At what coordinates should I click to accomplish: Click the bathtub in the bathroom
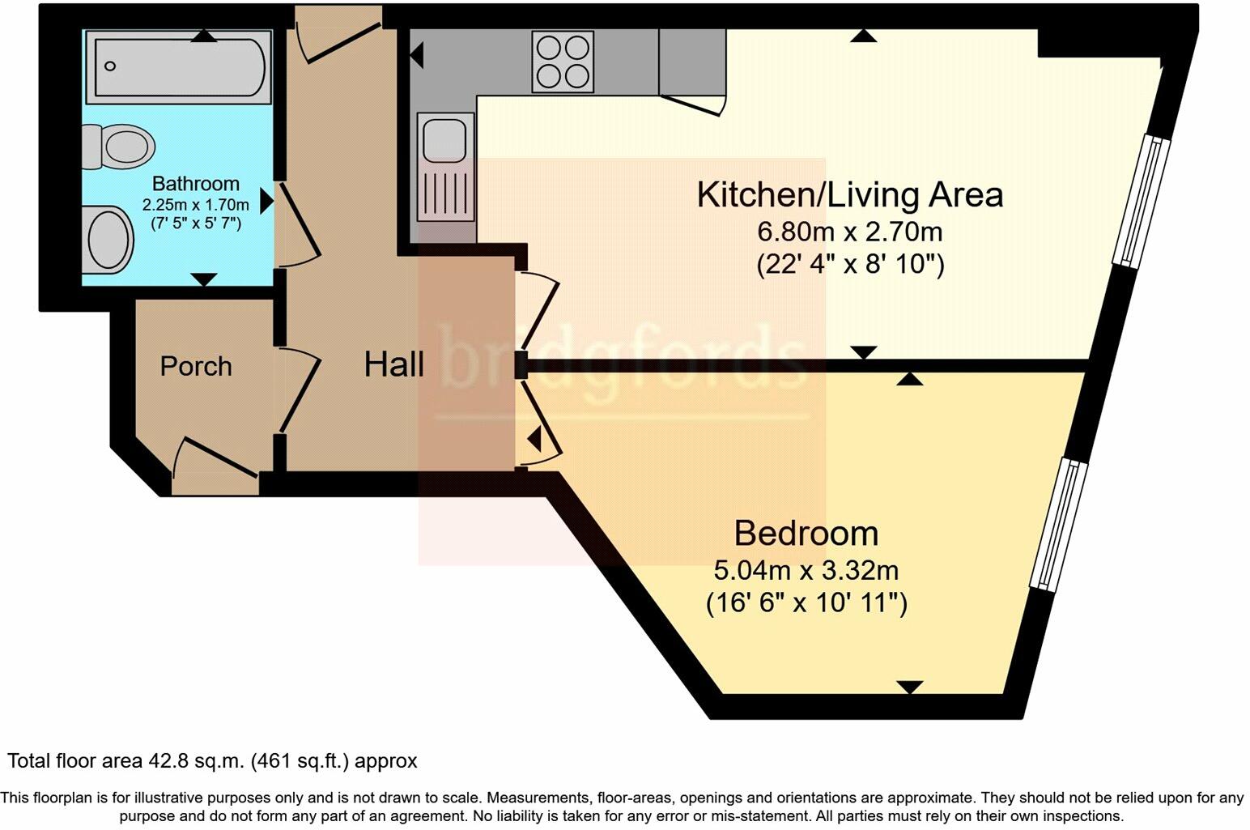point(178,66)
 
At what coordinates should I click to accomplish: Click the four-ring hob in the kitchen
point(563,62)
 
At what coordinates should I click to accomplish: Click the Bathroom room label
point(195,184)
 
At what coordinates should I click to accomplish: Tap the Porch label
point(196,366)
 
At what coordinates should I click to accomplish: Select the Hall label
point(393,364)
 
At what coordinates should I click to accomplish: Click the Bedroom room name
point(806,533)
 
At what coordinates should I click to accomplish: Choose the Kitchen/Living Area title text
point(849,195)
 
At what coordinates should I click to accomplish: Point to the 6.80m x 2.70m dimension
point(849,232)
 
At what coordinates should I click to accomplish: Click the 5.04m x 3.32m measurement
point(806,570)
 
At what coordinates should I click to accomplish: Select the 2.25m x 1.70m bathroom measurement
point(195,205)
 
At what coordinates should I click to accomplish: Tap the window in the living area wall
point(1141,201)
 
